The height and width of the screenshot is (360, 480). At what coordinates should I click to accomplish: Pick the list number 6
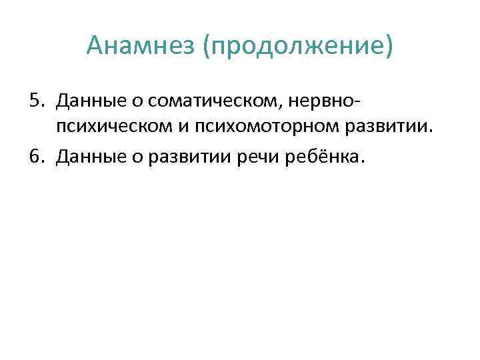[36, 157]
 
